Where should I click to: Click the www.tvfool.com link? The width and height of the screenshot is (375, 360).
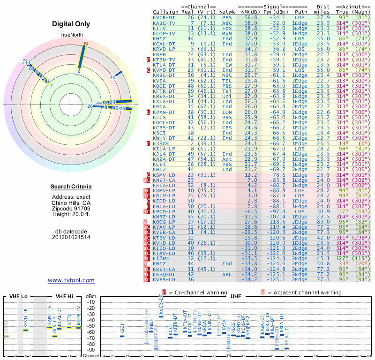pos(71,280)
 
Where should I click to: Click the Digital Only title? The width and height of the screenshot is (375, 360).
pos(71,24)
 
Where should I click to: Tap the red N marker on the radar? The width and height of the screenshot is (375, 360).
pos(85,44)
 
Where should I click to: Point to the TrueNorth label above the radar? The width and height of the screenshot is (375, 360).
pos(71,35)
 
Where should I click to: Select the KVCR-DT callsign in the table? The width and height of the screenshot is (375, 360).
pos(164,17)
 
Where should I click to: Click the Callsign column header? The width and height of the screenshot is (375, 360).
pos(166,12)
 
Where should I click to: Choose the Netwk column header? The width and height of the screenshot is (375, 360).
pos(227,12)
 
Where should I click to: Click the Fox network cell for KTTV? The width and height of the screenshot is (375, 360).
pos(227,28)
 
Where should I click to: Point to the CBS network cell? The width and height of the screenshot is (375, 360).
pos(227,127)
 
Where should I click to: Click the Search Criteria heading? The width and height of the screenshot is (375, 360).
pos(71,187)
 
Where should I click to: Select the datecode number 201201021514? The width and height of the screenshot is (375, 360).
pos(71,237)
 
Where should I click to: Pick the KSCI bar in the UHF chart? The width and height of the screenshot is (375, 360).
pos(122,336)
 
